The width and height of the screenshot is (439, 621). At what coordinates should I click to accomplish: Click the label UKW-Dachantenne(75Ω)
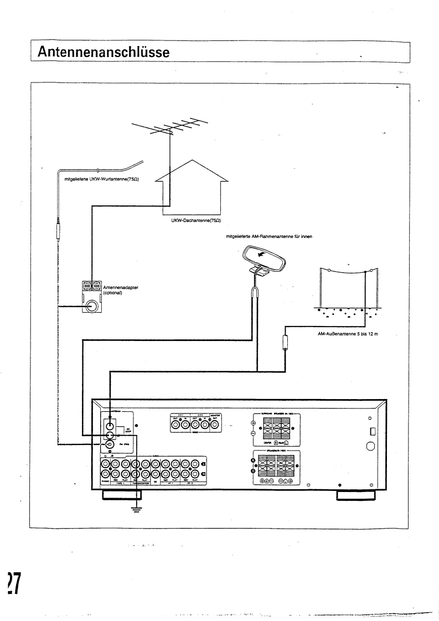point(193,220)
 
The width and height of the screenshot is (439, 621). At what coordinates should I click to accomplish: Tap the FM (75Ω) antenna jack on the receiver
point(111,444)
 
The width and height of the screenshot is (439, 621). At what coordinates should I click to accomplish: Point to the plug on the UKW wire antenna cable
point(57,227)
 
